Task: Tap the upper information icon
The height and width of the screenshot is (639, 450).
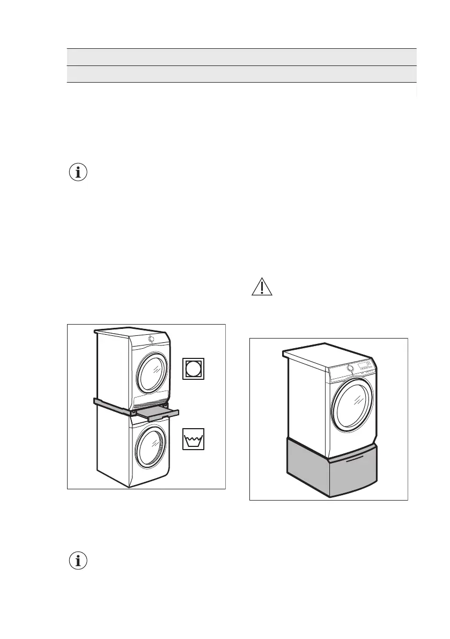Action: click(x=78, y=173)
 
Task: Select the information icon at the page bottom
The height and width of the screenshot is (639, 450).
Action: click(x=78, y=561)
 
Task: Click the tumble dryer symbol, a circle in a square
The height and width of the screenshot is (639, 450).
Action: click(x=194, y=369)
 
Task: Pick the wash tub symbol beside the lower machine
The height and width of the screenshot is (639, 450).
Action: click(x=194, y=439)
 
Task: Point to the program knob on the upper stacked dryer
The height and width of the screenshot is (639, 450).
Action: click(x=151, y=339)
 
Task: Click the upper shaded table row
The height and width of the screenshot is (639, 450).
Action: click(x=241, y=57)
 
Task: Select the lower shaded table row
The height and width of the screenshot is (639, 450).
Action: click(x=241, y=74)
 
